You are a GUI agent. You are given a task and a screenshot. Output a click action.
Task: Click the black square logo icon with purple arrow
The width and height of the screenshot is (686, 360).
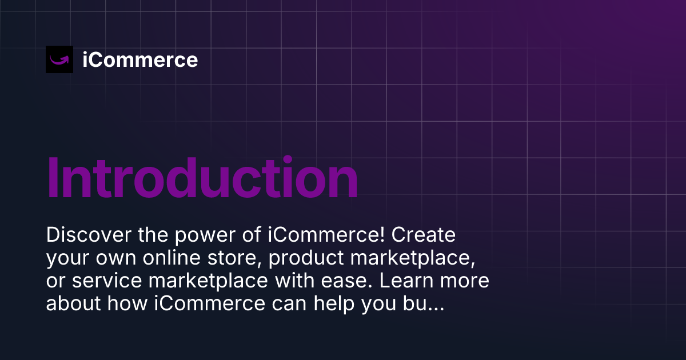[59, 59]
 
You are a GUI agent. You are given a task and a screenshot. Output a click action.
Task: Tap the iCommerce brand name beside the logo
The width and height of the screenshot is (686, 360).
[140, 59]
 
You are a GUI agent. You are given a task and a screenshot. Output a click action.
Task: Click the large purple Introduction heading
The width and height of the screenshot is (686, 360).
[202, 178]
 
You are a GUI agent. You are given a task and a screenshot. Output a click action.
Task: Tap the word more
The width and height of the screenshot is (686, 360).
[465, 281]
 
